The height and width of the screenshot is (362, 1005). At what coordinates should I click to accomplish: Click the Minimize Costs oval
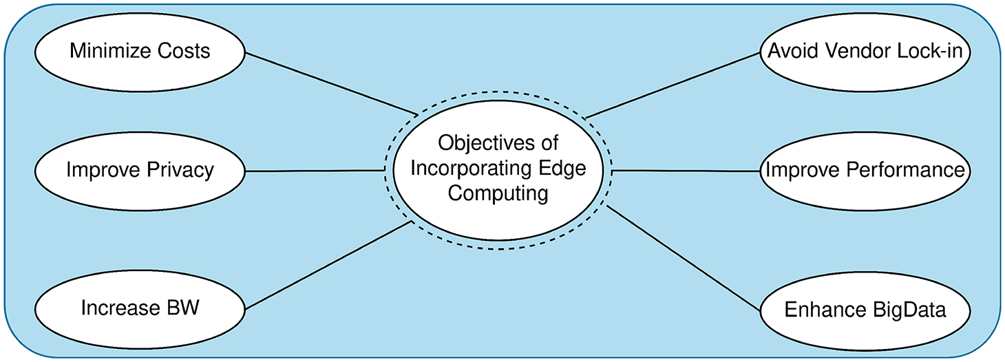click(x=140, y=52)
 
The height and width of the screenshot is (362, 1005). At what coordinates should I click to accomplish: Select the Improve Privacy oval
click(x=140, y=170)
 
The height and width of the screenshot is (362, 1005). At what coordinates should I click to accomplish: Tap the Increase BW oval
click(x=140, y=307)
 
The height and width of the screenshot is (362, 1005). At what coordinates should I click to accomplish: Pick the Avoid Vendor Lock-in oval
click(x=865, y=52)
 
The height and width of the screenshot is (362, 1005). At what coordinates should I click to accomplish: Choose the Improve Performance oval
click(x=865, y=170)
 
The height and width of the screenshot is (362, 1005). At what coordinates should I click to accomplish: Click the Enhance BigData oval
click(x=865, y=309)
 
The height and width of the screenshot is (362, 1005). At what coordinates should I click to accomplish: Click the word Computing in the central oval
click(x=498, y=194)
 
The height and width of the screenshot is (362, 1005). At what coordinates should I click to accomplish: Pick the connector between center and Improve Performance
click(x=686, y=170)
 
